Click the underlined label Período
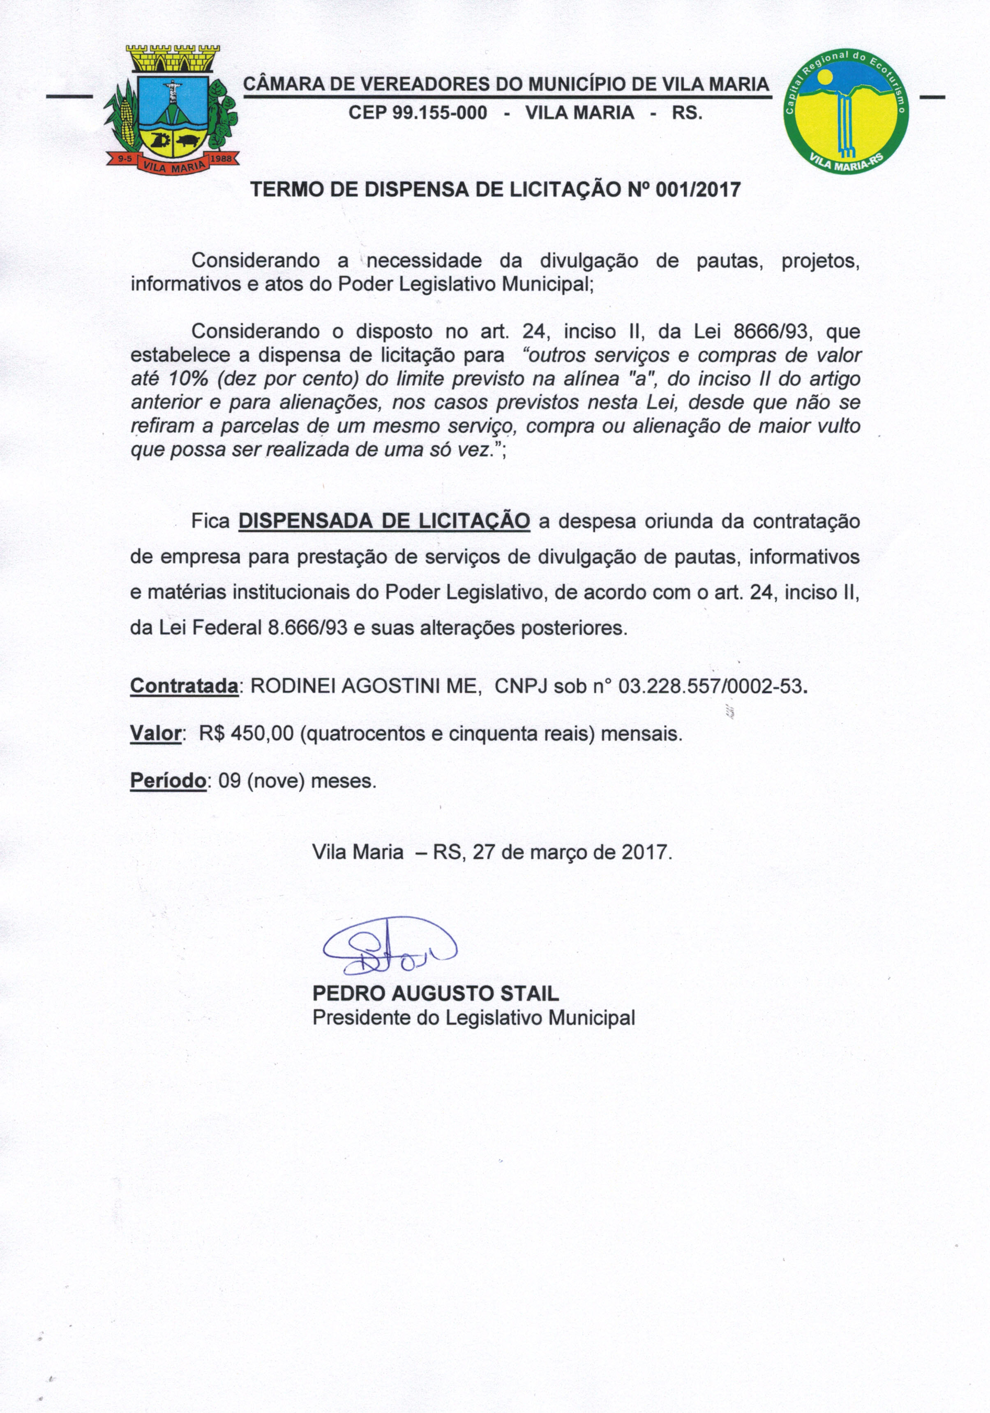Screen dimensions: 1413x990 [168, 781]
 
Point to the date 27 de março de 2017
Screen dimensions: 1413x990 [570, 852]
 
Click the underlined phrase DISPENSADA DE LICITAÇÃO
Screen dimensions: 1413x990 [384, 521]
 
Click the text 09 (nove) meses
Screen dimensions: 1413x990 [297, 781]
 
